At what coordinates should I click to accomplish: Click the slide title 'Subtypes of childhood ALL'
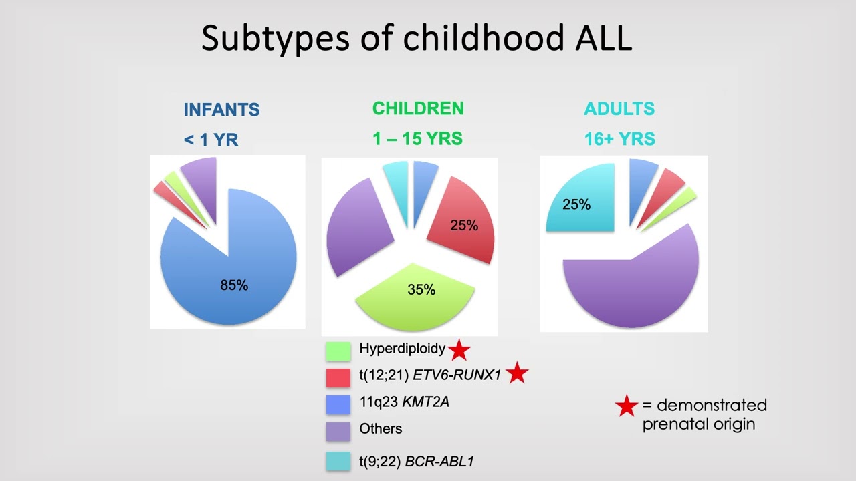(416, 39)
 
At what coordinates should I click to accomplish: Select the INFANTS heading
(221, 110)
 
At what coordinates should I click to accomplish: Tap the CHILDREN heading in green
(418, 108)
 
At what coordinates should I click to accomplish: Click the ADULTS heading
(619, 109)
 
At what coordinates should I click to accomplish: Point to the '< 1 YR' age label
(211, 140)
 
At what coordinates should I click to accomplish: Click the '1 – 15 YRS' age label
(417, 139)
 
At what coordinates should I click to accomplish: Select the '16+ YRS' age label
(619, 139)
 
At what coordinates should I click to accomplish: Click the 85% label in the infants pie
(234, 285)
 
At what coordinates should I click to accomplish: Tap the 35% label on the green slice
(421, 290)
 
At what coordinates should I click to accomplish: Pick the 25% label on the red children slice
(464, 226)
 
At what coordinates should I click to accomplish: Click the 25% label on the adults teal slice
(576, 204)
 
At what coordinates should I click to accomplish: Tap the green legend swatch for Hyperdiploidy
(338, 351)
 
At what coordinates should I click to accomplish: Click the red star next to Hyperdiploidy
(459, 350)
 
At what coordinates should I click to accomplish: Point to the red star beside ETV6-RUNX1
(517, 374)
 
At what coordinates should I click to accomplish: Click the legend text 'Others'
(381, 429)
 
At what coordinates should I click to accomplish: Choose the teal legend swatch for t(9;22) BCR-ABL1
(338, 460)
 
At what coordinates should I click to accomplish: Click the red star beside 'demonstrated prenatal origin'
(626, 406)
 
